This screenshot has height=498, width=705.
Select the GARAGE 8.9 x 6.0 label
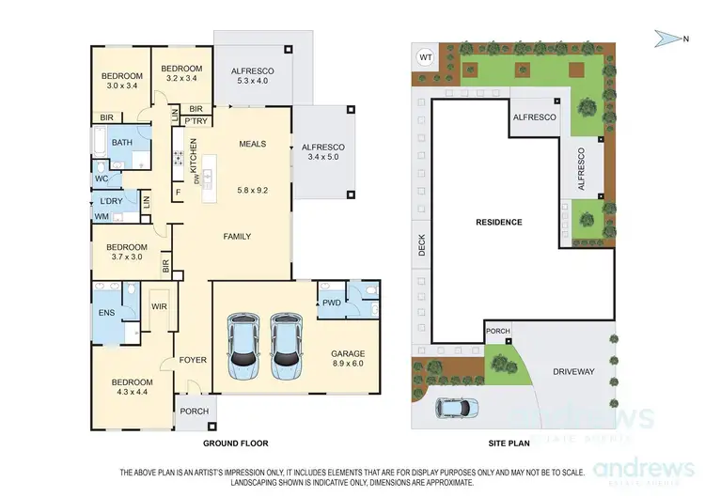[348, 359]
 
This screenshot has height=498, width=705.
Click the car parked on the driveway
[457, 407]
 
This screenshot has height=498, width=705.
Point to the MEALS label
[253, 144]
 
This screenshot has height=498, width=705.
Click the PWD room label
[330, 303]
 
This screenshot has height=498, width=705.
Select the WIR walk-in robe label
[159, 307]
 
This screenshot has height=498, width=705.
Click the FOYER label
[193, 360]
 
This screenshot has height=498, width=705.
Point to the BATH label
[122, 143]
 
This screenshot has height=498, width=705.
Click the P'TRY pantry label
[196, 121]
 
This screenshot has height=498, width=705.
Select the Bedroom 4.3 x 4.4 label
[133, 388]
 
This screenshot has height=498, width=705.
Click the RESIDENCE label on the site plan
[498, 223]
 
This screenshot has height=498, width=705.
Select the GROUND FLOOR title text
[236, 443]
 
